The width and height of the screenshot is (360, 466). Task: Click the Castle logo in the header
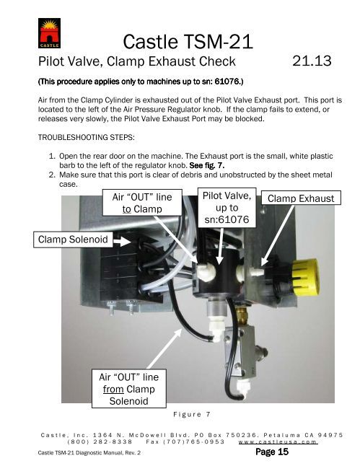49,33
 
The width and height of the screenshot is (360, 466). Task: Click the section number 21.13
312,61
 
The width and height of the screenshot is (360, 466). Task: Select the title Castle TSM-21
188,42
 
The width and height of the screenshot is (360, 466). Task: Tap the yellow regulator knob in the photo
304,277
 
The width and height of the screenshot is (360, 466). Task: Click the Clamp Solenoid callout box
73,239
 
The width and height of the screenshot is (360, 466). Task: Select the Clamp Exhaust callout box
301,198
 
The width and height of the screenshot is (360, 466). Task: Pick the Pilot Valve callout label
227,208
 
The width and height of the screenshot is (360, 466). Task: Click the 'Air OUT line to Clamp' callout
142,203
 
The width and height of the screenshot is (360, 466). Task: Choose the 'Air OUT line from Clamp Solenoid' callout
128,389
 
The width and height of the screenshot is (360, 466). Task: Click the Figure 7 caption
192,414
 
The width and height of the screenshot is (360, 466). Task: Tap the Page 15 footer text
272,452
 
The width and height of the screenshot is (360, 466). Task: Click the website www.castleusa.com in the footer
278,441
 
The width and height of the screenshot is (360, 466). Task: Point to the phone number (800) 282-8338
100,441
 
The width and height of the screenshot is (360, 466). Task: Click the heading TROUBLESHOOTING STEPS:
86,137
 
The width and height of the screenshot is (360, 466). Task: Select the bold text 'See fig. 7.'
207,165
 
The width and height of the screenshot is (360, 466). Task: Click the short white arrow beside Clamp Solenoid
122,242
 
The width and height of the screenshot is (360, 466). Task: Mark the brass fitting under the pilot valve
242,316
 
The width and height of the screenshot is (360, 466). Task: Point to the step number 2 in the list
52,175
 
